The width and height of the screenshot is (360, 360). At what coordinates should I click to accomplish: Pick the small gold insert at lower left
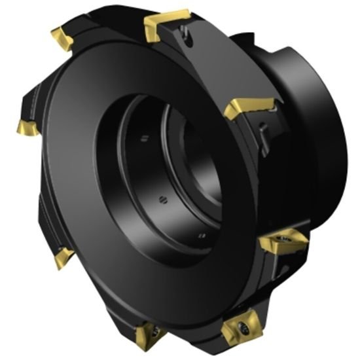[63, 257]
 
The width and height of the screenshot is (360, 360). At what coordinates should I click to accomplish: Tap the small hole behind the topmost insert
[189, 40]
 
